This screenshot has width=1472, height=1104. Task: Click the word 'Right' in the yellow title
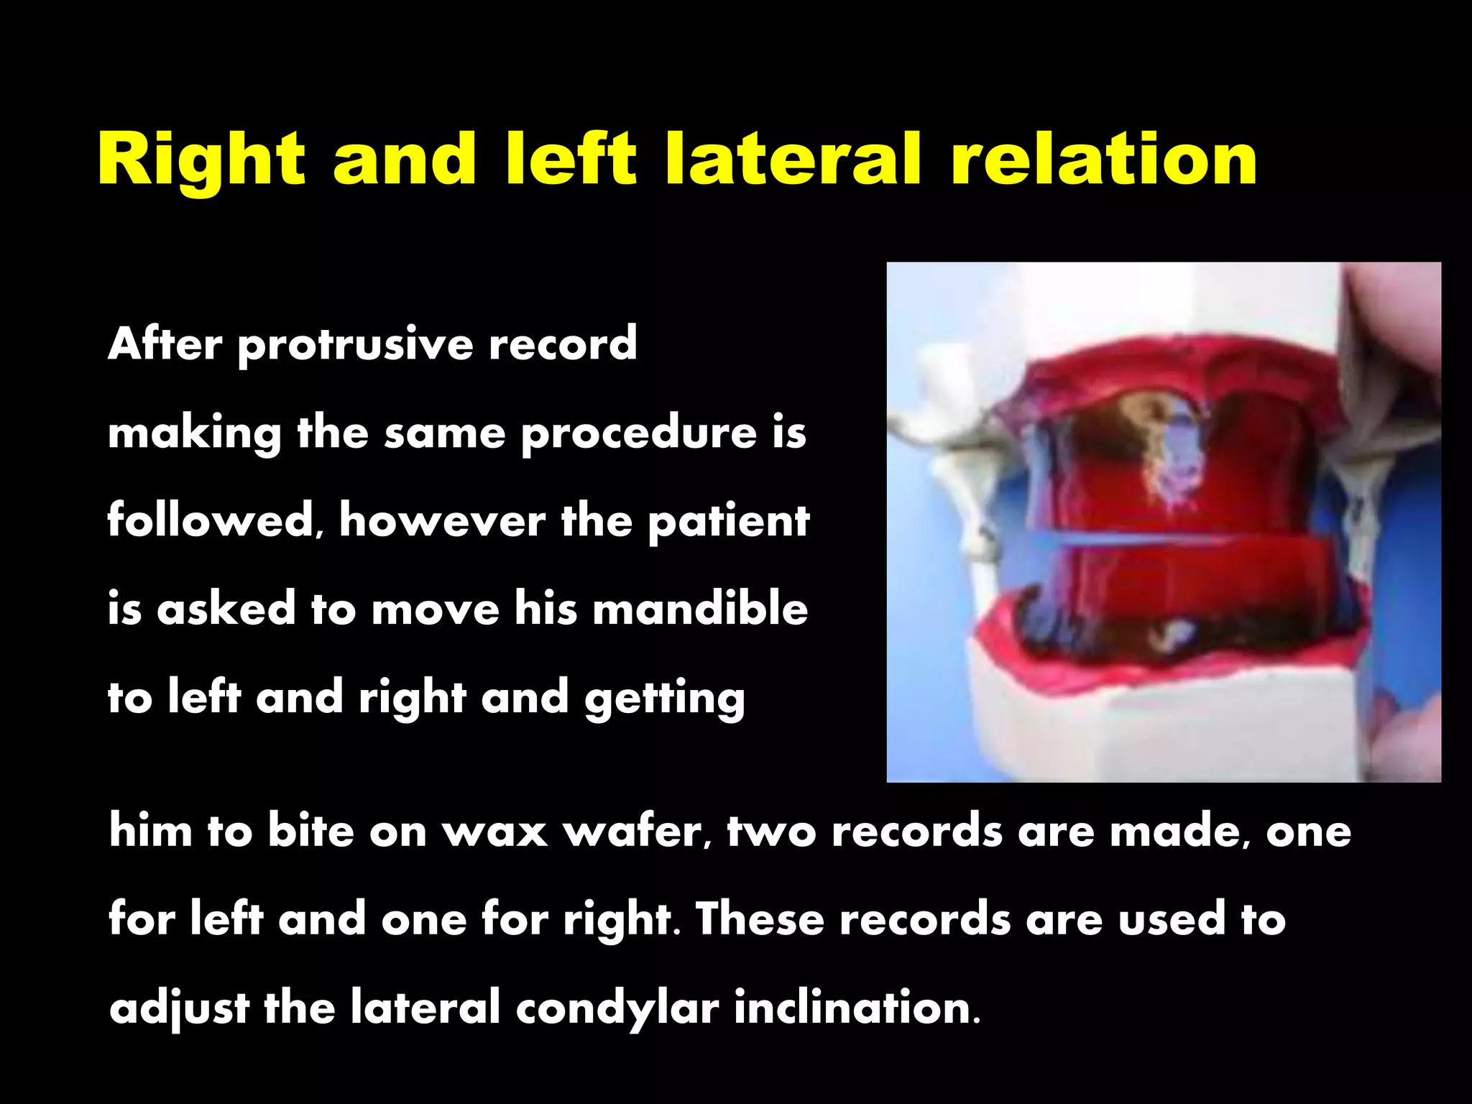(x=201, y=160)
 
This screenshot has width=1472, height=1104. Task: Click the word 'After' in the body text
(x=165, y=344)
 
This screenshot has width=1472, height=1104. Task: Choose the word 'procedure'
(x=638, y=433)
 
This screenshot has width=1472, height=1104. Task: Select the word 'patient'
(x=728, y=520)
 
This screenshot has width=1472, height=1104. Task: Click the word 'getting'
(x=665, y=699)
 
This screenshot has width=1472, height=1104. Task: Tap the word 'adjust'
(x=179, y=1008)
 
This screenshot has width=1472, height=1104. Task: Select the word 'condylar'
(x=617, y=1008)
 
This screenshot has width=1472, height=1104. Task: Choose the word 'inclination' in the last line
(x=855, y=1007)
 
